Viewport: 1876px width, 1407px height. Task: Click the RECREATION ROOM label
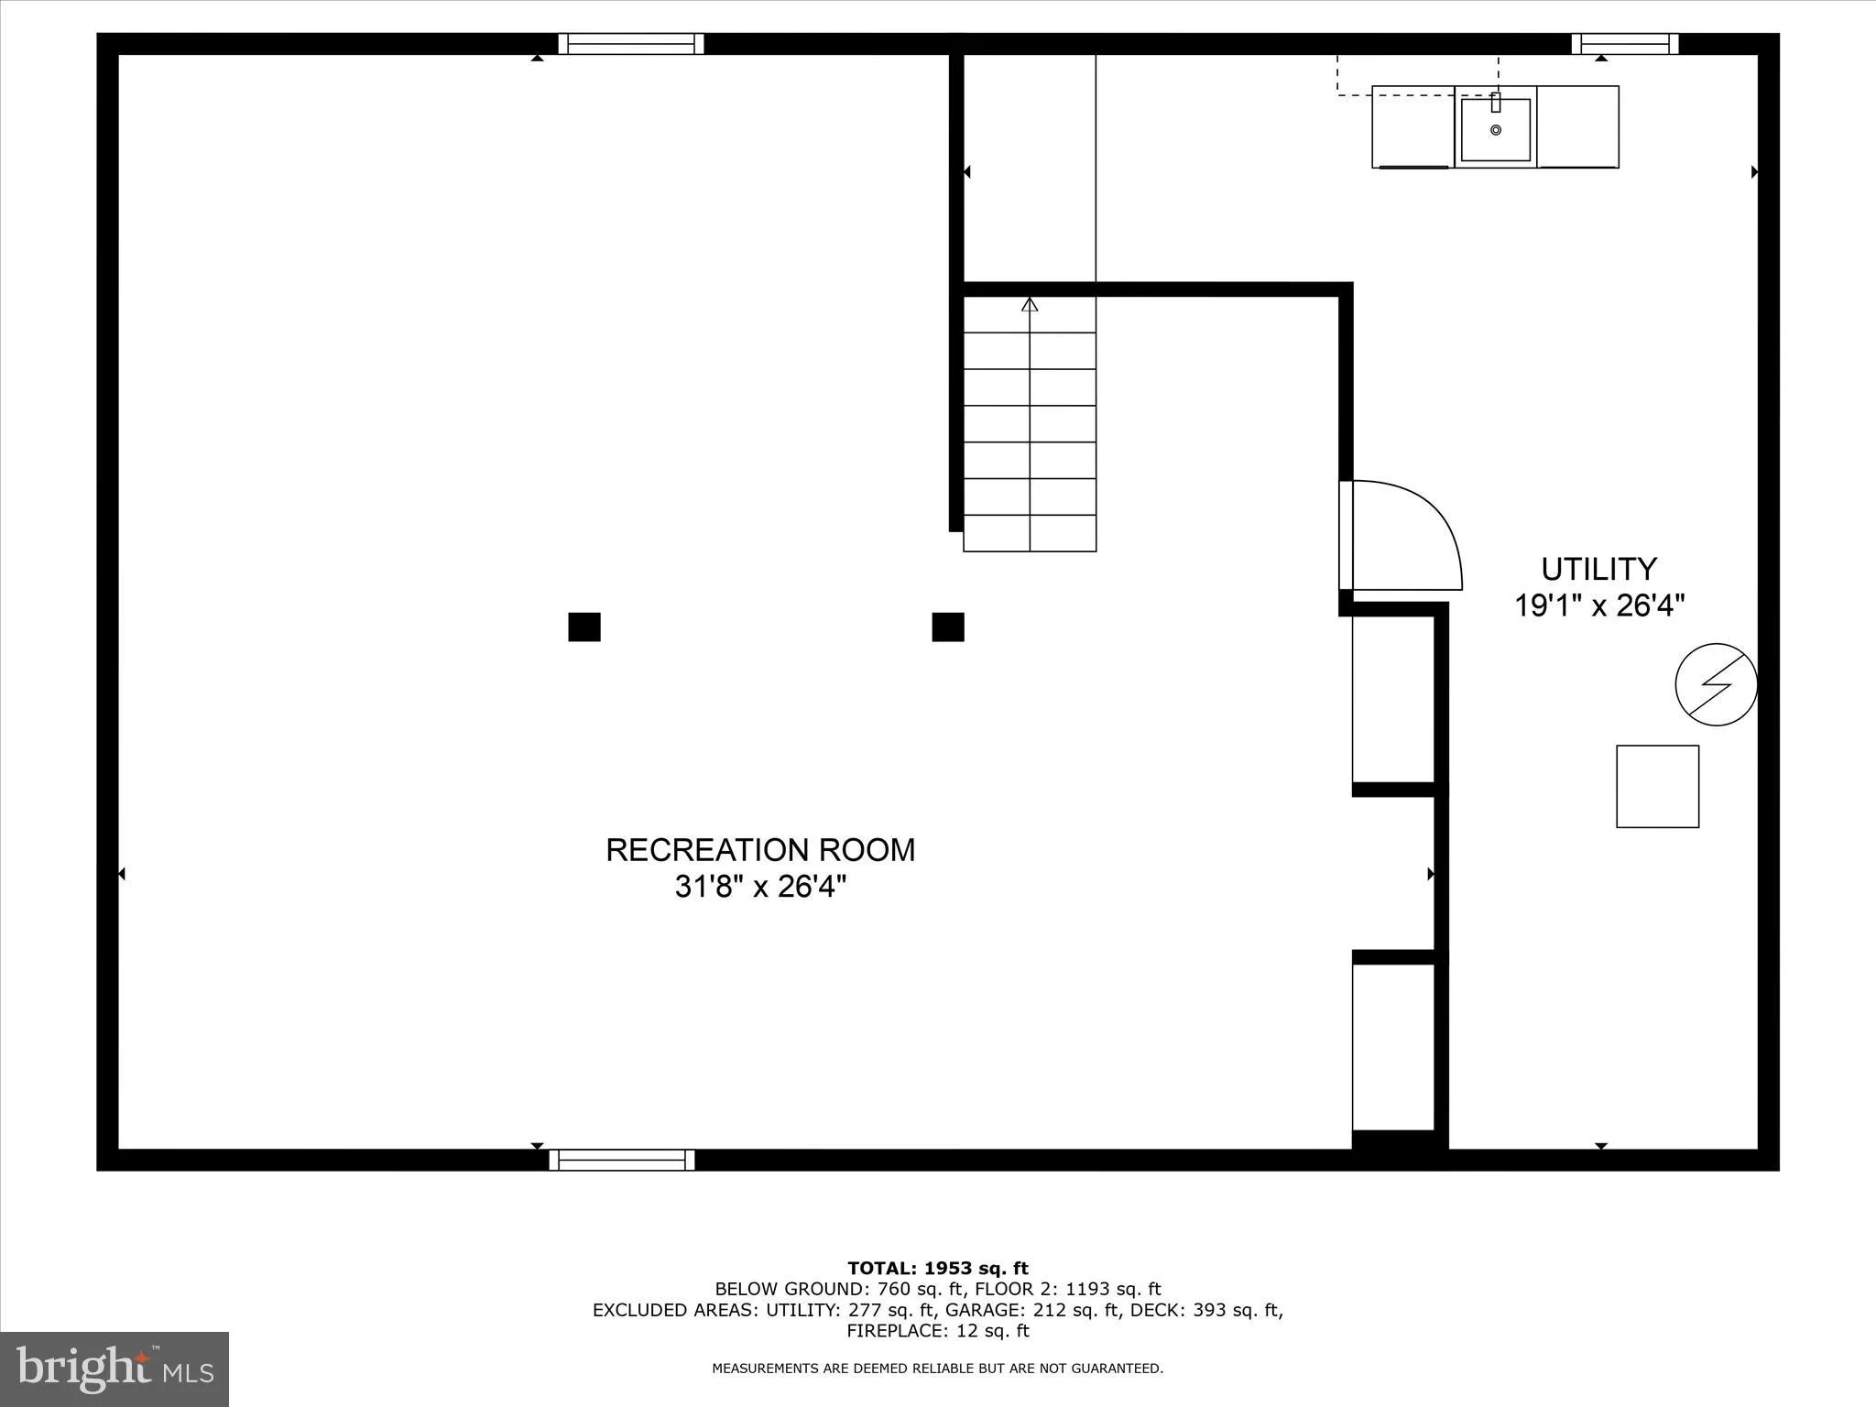(760, 850)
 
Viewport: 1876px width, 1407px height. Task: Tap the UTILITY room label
(1598, 570)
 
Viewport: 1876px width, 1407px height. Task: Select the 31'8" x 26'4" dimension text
(760, 887)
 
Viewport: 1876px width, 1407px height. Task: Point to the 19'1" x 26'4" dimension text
(1599, 606)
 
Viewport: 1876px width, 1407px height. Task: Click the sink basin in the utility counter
(1496, 130)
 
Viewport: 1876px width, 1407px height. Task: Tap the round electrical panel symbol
(1716, 684)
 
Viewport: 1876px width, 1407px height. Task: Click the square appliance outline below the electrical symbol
(1657, 787)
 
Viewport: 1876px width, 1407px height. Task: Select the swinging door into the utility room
(1402, 536)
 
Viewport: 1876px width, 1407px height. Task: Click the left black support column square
(584, 627)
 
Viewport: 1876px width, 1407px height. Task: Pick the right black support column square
(948, 627)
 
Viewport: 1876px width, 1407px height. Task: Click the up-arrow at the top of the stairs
(1030, 305)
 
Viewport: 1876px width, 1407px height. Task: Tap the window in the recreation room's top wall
(631, 44)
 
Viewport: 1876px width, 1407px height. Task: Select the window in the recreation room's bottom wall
(622, 1160)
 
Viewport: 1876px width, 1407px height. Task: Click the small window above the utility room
(1625, 44)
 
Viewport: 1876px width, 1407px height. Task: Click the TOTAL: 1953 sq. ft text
(938, 1269)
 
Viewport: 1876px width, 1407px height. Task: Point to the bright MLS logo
(115, 1369)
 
